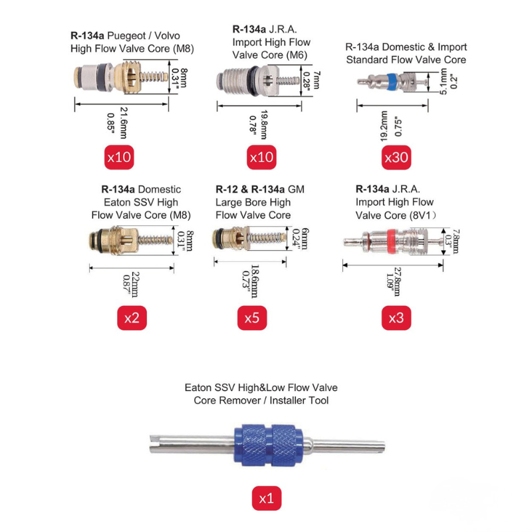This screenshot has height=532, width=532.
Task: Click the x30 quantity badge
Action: click(396, 158)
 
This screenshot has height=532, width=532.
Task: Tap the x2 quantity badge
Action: click(132, 318)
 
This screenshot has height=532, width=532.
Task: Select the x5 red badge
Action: click(251, 318)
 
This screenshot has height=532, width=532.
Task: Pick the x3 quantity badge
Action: click(396, 318)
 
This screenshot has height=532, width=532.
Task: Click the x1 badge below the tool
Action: click(266, 497)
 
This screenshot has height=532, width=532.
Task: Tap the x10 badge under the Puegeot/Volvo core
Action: click(120, 158)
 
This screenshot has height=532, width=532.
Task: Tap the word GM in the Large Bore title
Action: click(297, 190)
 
